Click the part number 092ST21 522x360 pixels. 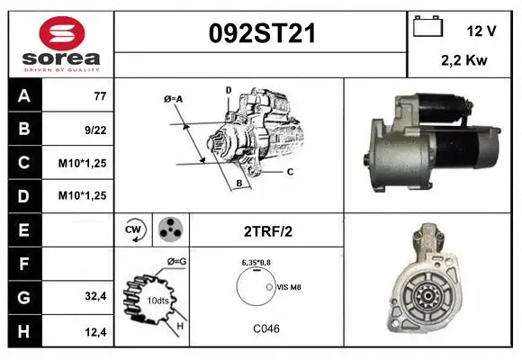262,33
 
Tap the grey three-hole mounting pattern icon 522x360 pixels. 169,229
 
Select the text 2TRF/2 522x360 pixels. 267,230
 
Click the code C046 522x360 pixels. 266,328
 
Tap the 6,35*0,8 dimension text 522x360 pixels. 257,262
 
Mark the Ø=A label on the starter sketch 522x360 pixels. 174,98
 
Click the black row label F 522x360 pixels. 23,264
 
